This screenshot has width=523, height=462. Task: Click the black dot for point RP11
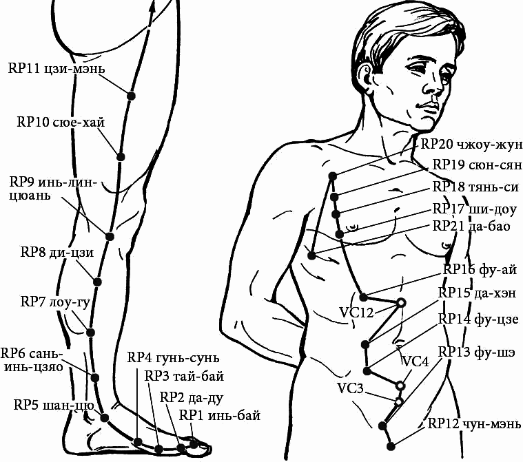[x=132, y=96]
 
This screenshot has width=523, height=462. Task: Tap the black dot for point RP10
[x=121, y=157]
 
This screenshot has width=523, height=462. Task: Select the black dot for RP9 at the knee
[x=110, y=237]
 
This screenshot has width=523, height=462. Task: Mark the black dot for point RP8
[x=97, y=282]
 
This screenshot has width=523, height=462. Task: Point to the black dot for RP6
[x=95, y=378]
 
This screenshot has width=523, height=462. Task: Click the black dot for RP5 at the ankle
[x=105, y=418]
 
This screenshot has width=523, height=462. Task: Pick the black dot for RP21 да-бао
[x=311, y=255]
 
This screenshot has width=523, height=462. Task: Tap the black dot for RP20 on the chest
[x=333, y=176]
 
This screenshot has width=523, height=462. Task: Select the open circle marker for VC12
[x=401, y=303]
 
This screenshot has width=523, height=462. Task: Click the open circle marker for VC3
[x=398, y=401]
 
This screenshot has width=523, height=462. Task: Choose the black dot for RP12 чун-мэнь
[x=391, y=446]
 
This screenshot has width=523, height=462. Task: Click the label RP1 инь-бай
[x=220, y=416]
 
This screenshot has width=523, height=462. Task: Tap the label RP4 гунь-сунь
[x=174, y=358]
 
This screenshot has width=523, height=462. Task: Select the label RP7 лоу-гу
[x=55, y=302]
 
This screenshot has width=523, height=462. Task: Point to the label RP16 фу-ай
[x=480, y=269]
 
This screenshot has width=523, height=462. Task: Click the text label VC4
[x=416, y=361]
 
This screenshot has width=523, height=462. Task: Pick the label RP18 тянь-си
[x=475, y=187]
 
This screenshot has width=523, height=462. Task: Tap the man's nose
[x=434, y=87]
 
